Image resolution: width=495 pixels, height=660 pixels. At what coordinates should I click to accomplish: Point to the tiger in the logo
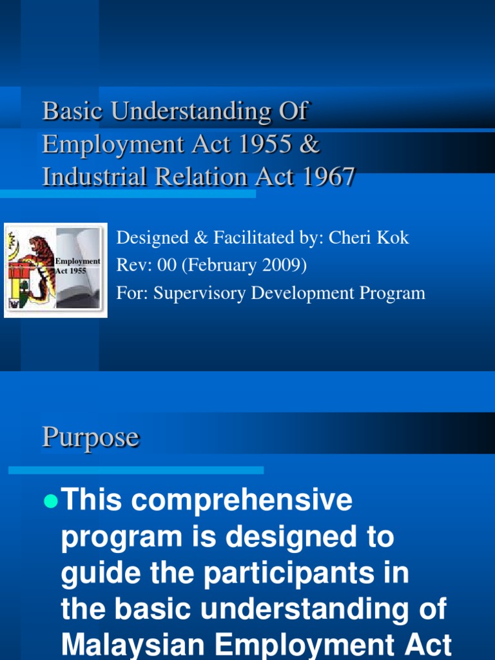40,261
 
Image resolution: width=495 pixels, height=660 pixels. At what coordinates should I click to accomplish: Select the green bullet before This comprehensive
50,503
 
